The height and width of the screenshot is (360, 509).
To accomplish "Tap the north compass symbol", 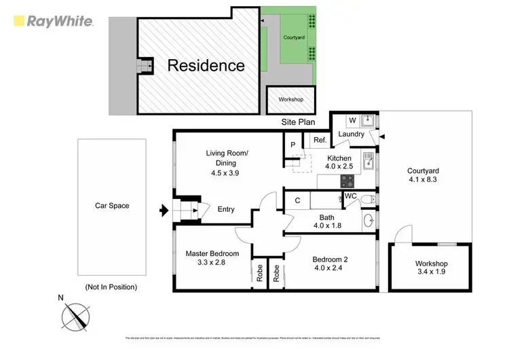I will [76, 316].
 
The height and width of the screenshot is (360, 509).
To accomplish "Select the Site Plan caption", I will [299, 123].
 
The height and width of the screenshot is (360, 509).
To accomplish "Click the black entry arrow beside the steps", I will [164, 211].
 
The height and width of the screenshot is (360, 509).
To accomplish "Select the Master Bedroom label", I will [212, 253].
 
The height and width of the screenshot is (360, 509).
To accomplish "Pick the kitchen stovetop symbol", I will [347, 181].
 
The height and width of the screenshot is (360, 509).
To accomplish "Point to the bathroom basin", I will [369, 221].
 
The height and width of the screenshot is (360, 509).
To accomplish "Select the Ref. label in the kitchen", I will [319, 141].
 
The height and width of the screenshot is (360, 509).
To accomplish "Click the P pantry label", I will [292, 145].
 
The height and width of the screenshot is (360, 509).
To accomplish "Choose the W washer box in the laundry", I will [352, 121].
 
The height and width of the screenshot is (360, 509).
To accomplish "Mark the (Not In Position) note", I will [111, 287].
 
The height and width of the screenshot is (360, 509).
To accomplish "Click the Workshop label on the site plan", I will [290, 100].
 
